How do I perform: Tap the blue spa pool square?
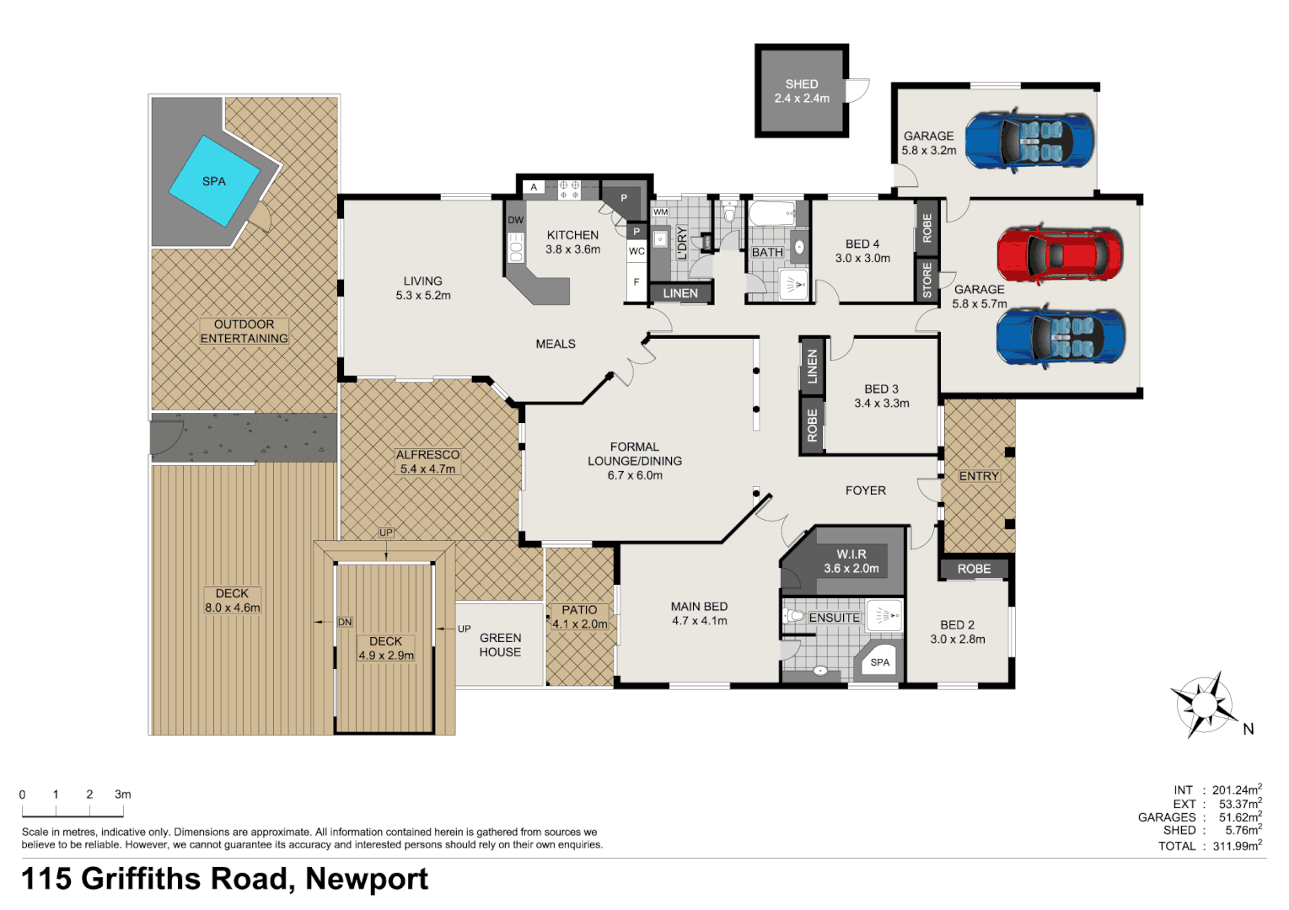(214, 181)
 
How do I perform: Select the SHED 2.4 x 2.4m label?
(802, 91)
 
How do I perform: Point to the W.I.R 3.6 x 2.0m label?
(851, 561)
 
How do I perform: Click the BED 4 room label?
(862, 251)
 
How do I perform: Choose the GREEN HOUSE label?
(500, 645)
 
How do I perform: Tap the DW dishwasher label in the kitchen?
(515, 221)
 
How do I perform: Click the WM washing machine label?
(660, 212)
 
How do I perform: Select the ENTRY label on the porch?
(979, 476)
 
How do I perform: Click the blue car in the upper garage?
(1029, 139)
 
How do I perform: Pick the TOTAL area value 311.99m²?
(1237, 846)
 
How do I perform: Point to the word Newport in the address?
(367, 879)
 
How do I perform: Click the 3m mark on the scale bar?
(123, 795)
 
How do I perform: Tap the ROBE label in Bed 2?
(974, 569)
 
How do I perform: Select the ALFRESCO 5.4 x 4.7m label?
(428, 462)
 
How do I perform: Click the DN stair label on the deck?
(345, 622)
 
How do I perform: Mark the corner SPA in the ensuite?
(879, 662)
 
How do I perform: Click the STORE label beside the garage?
(927, 280)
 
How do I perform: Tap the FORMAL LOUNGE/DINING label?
(635, 461)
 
